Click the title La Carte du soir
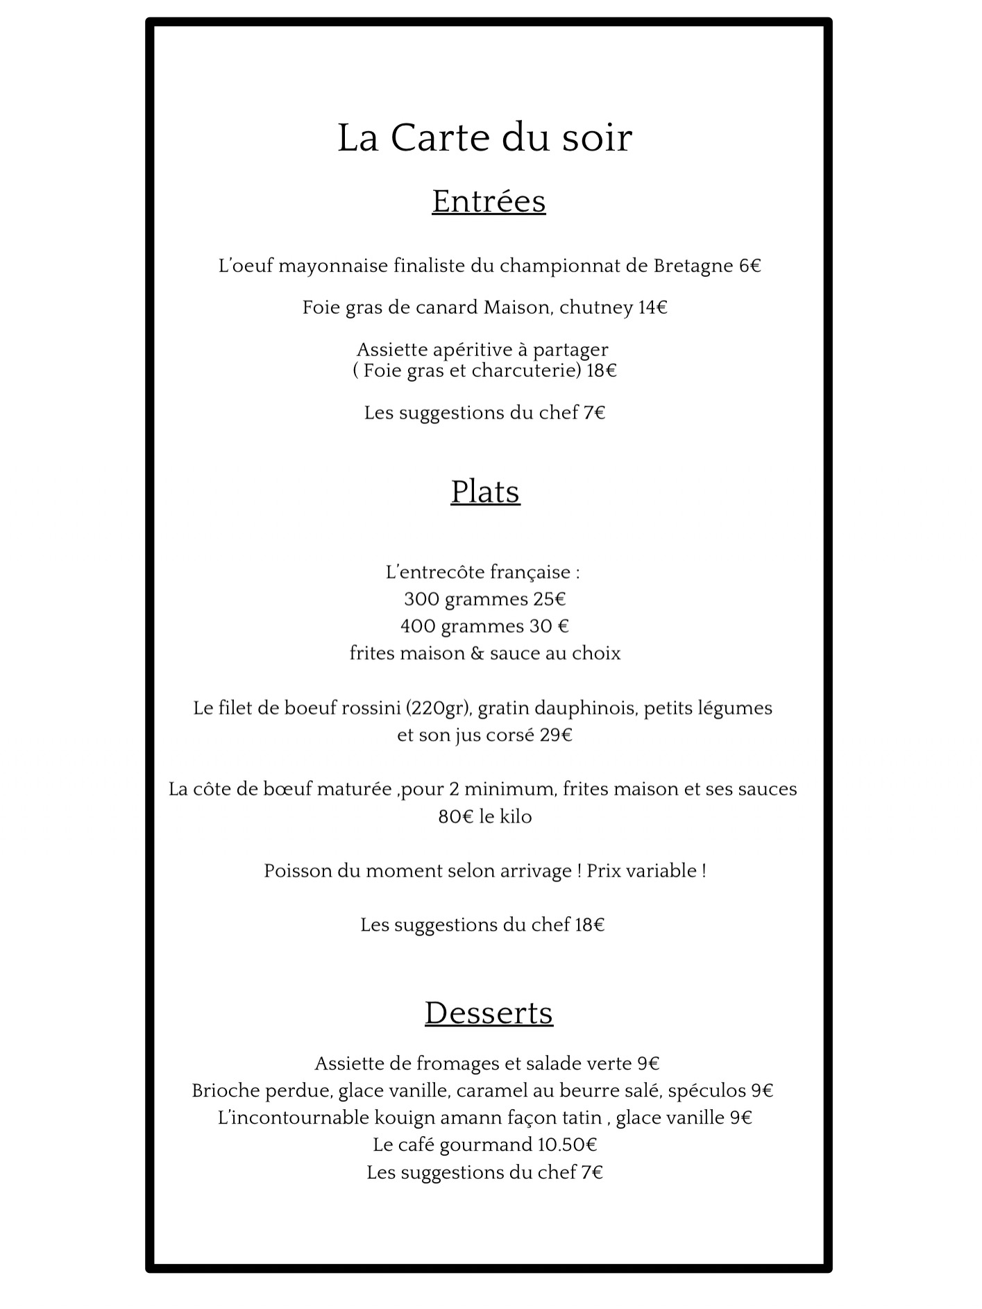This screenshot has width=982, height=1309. tap(484, 137)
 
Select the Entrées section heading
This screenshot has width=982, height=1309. tap(489, 201)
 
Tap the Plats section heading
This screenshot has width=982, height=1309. tap(485, 492)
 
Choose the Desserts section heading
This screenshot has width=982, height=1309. tap(489, 1013)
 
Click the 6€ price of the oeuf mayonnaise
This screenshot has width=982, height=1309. tap(750, 266)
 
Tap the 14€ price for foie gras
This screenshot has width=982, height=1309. tap(652, 307)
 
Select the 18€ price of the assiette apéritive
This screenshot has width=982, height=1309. tap(601, 371)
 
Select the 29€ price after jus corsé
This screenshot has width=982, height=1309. tap(556, 735)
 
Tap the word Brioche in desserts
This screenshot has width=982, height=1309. tap(226, 1090)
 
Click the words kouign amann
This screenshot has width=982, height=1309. tap(434, 1117)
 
